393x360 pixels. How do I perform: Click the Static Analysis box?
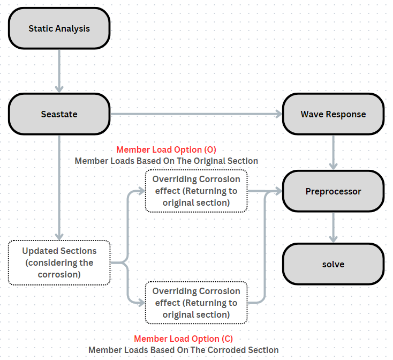(x=59, y=28)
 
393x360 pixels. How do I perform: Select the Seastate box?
(x=59, y=114)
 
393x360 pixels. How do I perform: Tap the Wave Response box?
(x=333, y=114)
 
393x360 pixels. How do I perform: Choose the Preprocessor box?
(x=333, y=191)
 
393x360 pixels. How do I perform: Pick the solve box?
(x=333, y=264)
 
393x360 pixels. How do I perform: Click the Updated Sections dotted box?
(x=59, y=262)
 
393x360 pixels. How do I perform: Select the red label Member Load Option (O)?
(x=166, y=149)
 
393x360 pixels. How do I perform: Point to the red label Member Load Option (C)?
(x=184, y=339)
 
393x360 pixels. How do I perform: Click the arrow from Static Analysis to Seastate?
(x=59, y=71)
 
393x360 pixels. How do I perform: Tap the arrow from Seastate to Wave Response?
(x=196, y=114)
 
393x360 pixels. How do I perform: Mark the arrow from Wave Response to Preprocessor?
(x=333, y=153)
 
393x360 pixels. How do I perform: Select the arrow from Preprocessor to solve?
(x=333, y=227)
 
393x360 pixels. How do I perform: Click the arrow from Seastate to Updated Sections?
(x=59, y=187)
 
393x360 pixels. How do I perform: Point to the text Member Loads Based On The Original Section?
(x=167, y=161)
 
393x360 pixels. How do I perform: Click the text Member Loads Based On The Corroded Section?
(x=184, y=350)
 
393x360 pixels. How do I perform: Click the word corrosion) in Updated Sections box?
(x=59, y=274)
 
